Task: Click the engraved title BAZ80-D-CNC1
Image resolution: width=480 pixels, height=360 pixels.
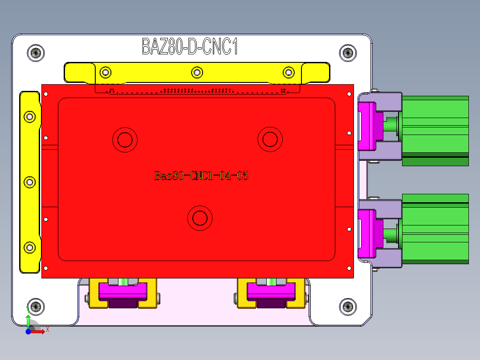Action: coord(190,47)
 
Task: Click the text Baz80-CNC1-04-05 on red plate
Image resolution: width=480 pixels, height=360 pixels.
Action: coord(201,176)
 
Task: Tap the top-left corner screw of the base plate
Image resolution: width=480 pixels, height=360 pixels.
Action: coord(36,53)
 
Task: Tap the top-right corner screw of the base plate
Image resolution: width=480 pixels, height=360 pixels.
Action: coord(348,53)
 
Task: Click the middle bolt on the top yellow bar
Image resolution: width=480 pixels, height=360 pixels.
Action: coord(197,72)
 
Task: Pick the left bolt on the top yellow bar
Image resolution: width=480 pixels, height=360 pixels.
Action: coord(106,72)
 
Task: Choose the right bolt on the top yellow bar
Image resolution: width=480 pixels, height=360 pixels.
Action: coord(289,72)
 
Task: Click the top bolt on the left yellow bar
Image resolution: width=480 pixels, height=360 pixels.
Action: coord(30,117)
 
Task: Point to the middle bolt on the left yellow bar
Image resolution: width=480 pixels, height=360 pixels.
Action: coord(30,182)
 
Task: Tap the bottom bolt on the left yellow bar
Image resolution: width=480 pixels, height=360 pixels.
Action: coord(30,248)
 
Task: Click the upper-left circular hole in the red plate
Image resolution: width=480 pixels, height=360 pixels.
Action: coord(125,140)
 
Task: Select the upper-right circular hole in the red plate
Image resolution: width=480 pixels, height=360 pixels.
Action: coord(270,139)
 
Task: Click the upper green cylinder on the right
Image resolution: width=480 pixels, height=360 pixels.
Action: coord(435,130)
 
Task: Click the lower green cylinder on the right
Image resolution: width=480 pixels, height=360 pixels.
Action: coord(435,228)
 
